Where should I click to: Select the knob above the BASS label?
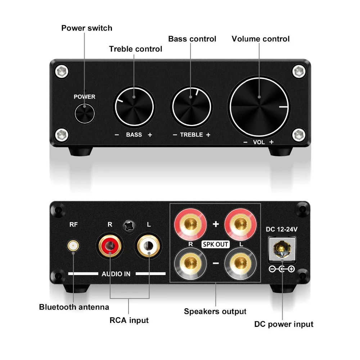[134, 107]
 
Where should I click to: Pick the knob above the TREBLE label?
[192, 107]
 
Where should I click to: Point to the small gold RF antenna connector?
[73, 246]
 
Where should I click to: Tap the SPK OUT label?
[216, 244]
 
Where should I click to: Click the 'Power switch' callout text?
[87, 28]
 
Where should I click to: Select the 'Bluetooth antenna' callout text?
[74, 307]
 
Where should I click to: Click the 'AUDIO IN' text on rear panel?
[116, 274]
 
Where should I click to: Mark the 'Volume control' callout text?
[260, 39]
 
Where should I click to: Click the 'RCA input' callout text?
[129, 320]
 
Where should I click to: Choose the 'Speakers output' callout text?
[215, 311]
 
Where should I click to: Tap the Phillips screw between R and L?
[129, 227]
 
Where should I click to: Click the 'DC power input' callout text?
[284, 324]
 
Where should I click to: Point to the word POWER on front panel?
[85, 96]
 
